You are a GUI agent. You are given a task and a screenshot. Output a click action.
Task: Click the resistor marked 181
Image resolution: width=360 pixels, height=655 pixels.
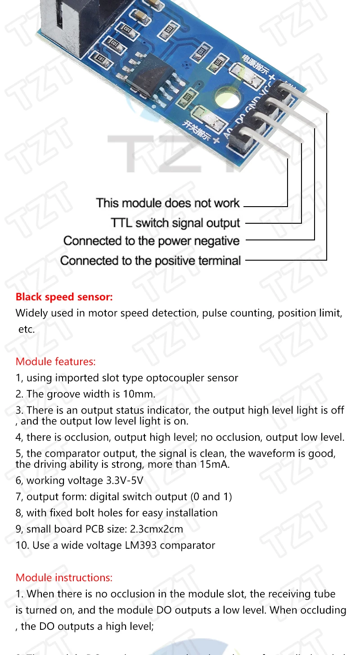[100, 59]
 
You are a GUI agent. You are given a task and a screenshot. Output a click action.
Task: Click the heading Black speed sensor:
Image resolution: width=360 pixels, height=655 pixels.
[64, 297]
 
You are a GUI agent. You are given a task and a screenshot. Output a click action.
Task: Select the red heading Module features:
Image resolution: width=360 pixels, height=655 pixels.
[56, 361]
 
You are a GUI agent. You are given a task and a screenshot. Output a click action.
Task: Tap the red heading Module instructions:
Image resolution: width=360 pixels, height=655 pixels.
[64, 578]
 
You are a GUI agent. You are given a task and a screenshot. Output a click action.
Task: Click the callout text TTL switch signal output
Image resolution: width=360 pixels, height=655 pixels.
[175, 223]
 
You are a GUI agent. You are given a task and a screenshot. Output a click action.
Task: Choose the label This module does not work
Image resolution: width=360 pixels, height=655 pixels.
[168, 203]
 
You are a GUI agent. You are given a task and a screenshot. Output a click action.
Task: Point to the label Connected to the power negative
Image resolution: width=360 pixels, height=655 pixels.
[151, 241]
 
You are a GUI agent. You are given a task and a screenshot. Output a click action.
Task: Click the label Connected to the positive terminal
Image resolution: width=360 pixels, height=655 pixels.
[150, 261]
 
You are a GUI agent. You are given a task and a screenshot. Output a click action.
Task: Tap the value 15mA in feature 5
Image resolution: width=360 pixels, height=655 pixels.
[215, 464]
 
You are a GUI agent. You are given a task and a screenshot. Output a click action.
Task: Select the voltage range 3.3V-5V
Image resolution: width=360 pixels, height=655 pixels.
[124, 480]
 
